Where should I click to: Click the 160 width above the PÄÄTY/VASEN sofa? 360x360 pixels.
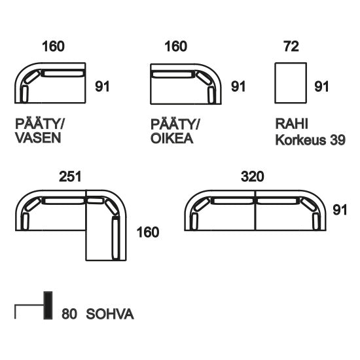[x=53, y=46]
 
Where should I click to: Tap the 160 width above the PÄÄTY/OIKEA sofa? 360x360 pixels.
[x=175, y=46]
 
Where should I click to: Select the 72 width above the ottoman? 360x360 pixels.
[x=291, y=46]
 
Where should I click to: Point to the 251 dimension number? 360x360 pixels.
[x=70, y=177]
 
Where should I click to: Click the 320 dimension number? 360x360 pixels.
[x=252, y=177]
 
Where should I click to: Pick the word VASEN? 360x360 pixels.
[x=38, y=138]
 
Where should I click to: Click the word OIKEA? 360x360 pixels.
[x=171, y=139]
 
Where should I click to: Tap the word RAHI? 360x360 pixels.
[x=291, y=124]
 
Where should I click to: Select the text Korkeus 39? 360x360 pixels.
[x=310, y=139]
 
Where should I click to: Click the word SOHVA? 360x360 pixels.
[x=110, y=314]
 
